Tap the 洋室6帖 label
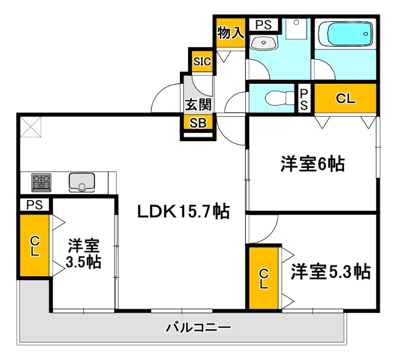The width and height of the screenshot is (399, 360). [x=313, y=164]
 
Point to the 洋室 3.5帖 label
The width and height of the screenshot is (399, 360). [x=84, y=253]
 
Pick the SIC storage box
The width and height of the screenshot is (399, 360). [x=202, y=62]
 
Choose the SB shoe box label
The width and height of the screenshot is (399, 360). [x=199, y=123]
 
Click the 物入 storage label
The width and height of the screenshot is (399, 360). [x=230, y=33]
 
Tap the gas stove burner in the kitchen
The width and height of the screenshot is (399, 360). [x=42, y=182]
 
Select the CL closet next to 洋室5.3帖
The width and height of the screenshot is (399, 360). [x=263, y=279]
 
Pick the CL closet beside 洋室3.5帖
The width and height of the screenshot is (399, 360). [x=34, y=246]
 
